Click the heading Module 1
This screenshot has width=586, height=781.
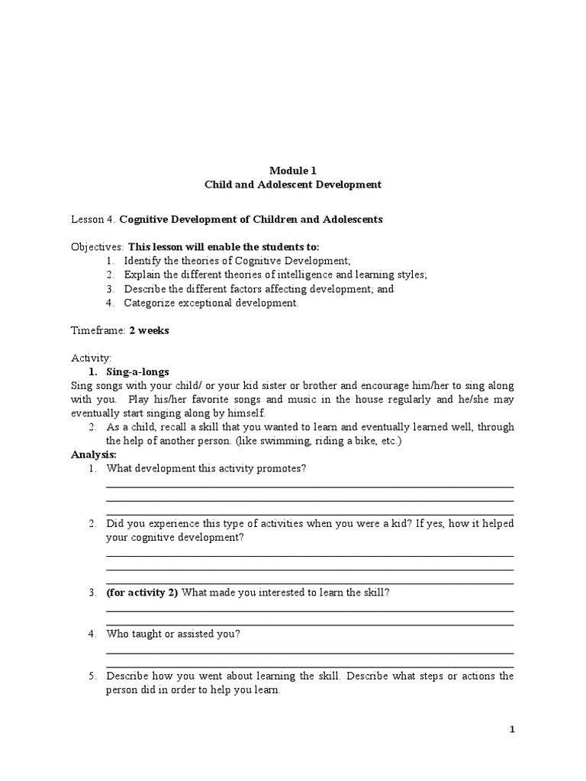click(293, 170)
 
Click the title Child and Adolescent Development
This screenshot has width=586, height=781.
click(293, 185)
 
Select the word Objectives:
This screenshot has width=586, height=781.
click(98, 247)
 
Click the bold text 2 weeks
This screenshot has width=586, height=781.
click(150, 330)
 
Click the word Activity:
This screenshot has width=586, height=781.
click(91, 358)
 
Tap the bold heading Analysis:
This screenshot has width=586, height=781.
click(93, 455)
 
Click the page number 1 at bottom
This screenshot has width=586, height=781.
click(513, 730)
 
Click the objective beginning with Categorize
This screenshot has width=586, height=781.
click(202, 303)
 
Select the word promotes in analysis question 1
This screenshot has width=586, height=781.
click(283, 468)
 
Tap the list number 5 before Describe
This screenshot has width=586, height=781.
click(92, 677)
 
